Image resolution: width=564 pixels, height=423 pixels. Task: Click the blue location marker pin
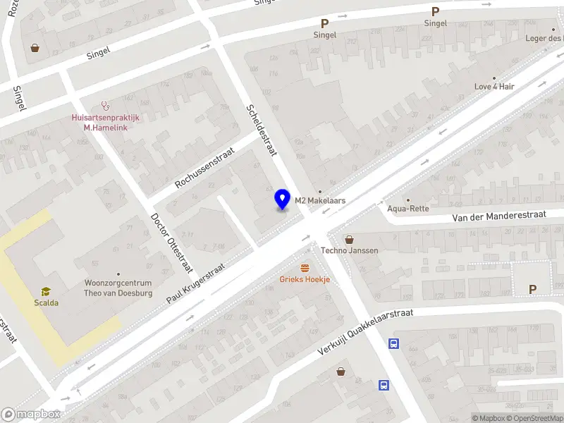pos(283,199)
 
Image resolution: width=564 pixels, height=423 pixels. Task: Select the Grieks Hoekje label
pos(305,280)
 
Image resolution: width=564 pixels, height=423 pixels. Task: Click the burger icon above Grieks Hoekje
pos(305,268)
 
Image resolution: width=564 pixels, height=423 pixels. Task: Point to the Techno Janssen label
pos(350,250)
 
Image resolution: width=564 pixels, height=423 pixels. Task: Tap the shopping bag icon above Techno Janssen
pos(349,239)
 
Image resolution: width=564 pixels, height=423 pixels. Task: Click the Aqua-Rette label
pos(408,208)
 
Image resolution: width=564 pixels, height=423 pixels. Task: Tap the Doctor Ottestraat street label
pos(171,243)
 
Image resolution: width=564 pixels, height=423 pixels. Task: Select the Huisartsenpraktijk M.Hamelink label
pos(106,123)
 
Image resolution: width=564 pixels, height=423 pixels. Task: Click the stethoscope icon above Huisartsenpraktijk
pos(106,106)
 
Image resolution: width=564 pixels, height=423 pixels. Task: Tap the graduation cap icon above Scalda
pos(46,291)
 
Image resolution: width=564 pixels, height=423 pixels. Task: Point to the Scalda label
pos(46,303)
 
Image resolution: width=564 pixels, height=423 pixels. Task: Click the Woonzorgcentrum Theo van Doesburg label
pos(118,288)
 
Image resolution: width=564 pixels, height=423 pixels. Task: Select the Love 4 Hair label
pos(494,87)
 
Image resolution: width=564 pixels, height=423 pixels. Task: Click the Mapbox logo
pos(31,415)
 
